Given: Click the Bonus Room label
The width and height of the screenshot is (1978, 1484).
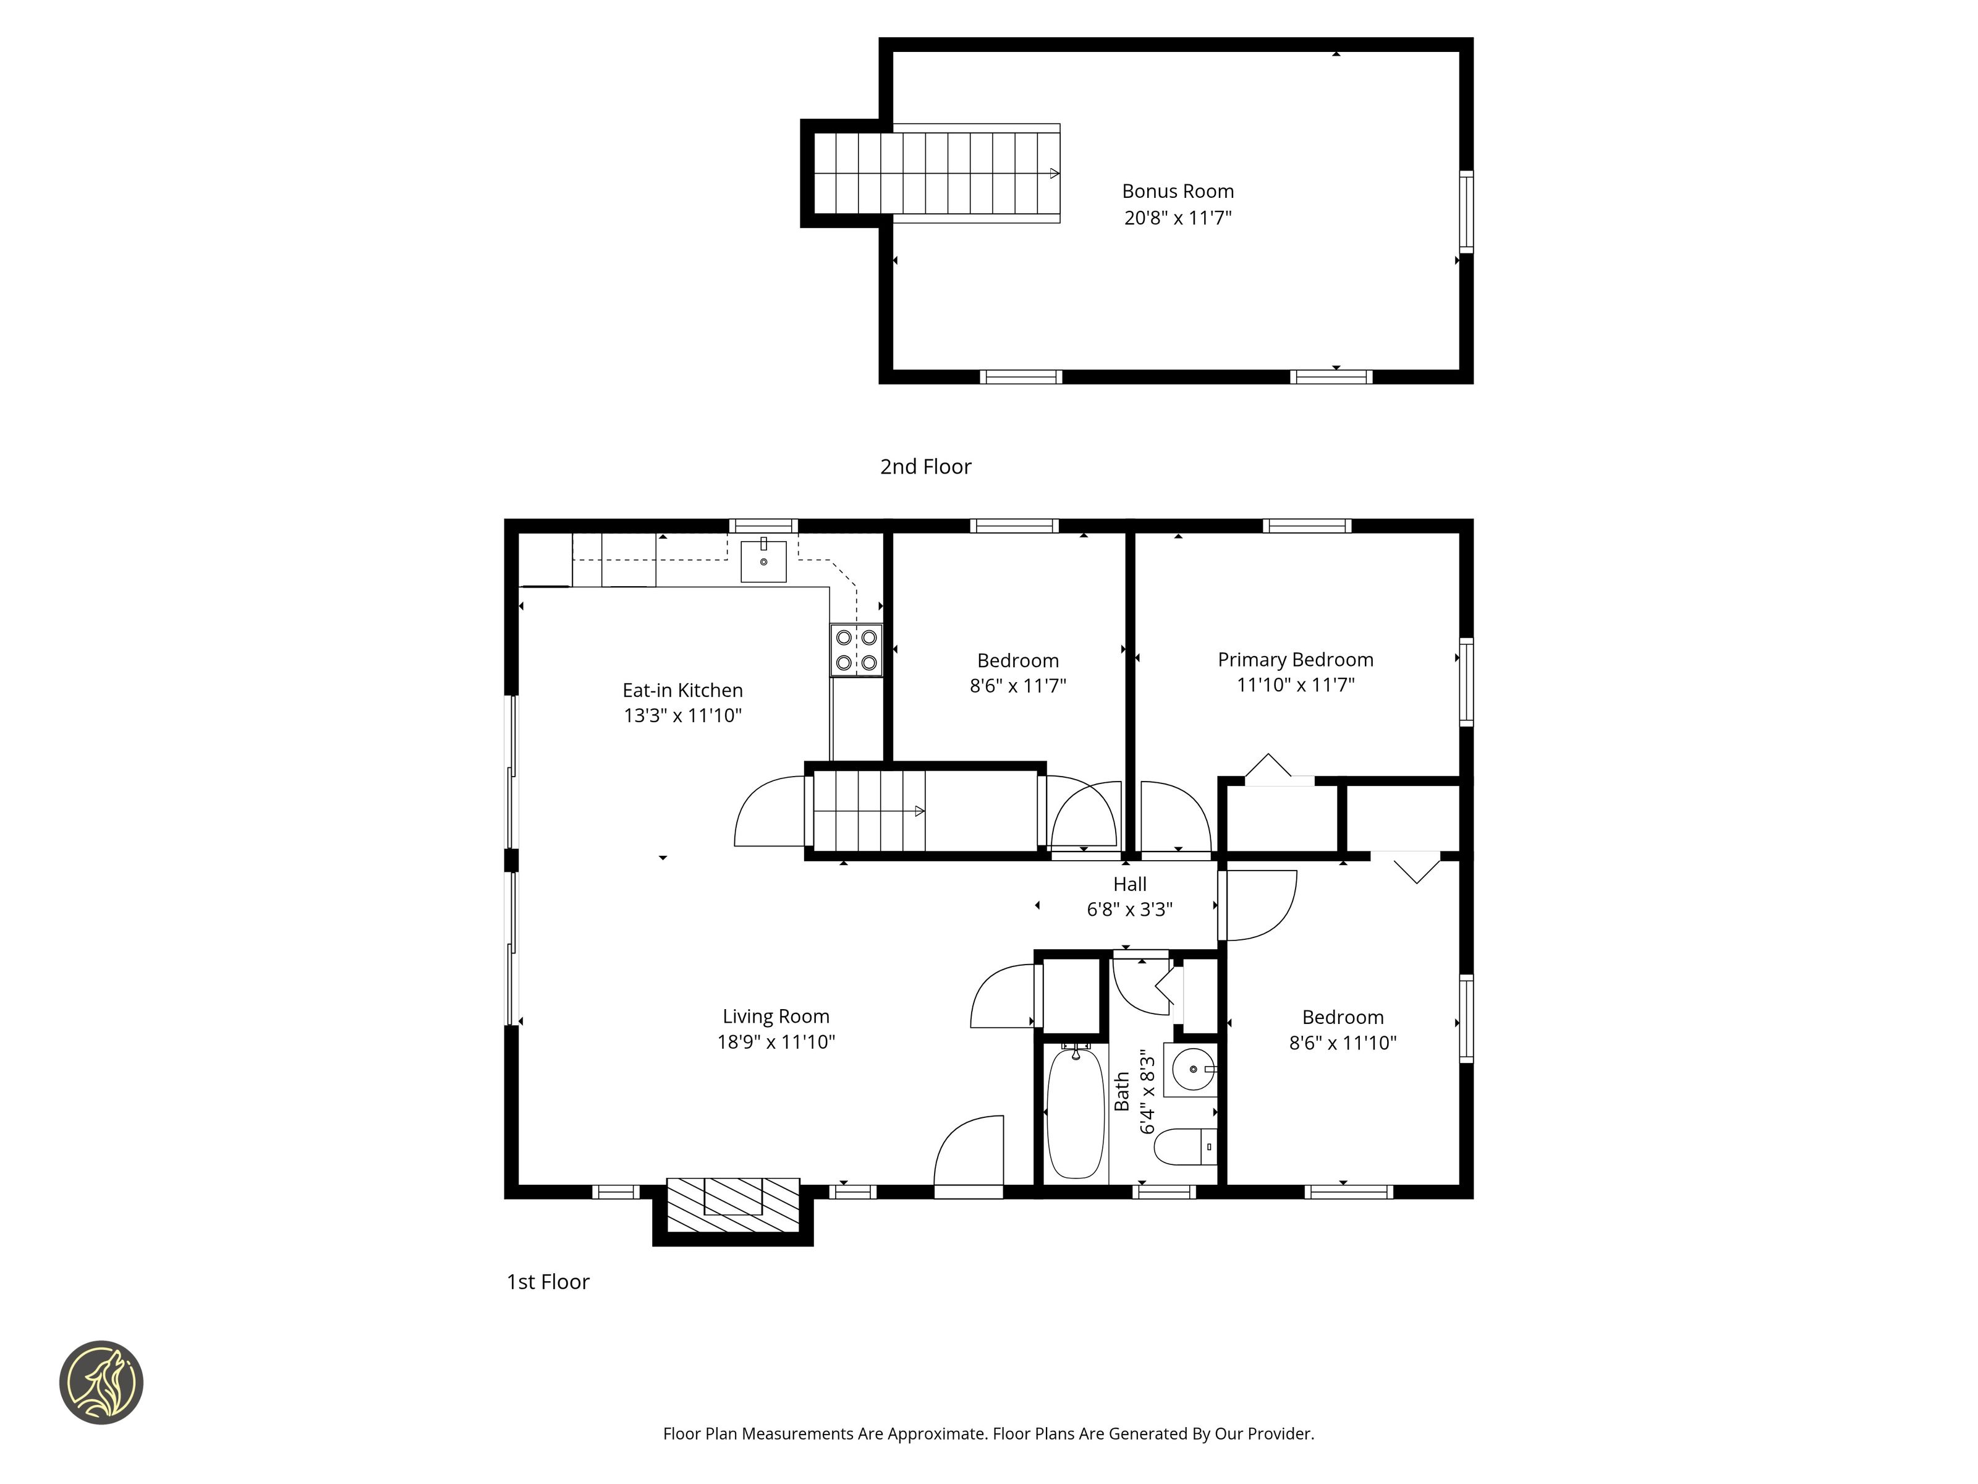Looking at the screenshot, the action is (x=1178, y=192).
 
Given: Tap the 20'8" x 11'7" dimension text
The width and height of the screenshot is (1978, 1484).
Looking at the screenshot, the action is (x=1178, y=218).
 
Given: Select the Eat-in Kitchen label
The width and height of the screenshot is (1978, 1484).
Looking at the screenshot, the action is (x=682, y=691).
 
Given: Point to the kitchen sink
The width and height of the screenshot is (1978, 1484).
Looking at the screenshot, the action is (x=763, y=561).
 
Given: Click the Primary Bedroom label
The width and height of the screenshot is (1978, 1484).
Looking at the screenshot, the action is (x=1296, y=660).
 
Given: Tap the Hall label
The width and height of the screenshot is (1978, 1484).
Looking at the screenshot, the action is (x=1129, y=885).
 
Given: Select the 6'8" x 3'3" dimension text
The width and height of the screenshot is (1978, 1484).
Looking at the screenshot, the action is (x=1129, y=910).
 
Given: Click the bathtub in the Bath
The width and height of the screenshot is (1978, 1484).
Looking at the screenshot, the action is (x=1075, y=1113).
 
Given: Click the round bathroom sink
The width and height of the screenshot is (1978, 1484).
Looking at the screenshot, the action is (x=1192, y=1069).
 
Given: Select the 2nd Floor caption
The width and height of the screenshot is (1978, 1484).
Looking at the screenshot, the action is (x=925, y=467).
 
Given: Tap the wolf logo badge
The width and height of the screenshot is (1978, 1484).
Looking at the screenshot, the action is (x=101, y=1382).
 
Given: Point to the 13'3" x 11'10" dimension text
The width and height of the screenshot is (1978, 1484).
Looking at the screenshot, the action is (x=683, y=715).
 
